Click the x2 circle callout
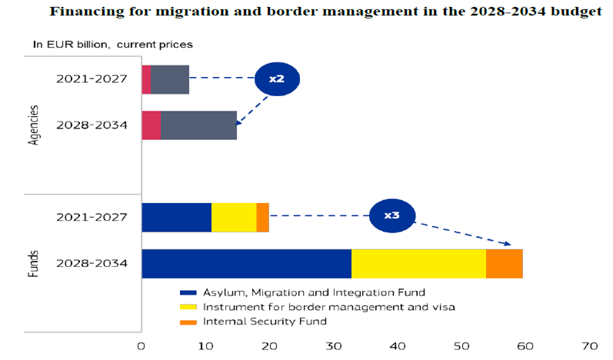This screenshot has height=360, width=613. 276,79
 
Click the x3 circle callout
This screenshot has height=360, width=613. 392,215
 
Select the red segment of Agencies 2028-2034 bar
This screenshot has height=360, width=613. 152,125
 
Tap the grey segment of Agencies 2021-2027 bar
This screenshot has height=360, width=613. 170,79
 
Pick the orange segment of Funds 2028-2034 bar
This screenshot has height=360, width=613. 505,264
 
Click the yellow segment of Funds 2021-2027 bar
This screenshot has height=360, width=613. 234,217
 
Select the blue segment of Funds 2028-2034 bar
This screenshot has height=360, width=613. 246,264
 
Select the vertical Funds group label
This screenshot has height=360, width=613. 34,262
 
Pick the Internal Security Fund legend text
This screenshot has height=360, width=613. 265,321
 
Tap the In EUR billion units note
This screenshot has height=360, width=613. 112,45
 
